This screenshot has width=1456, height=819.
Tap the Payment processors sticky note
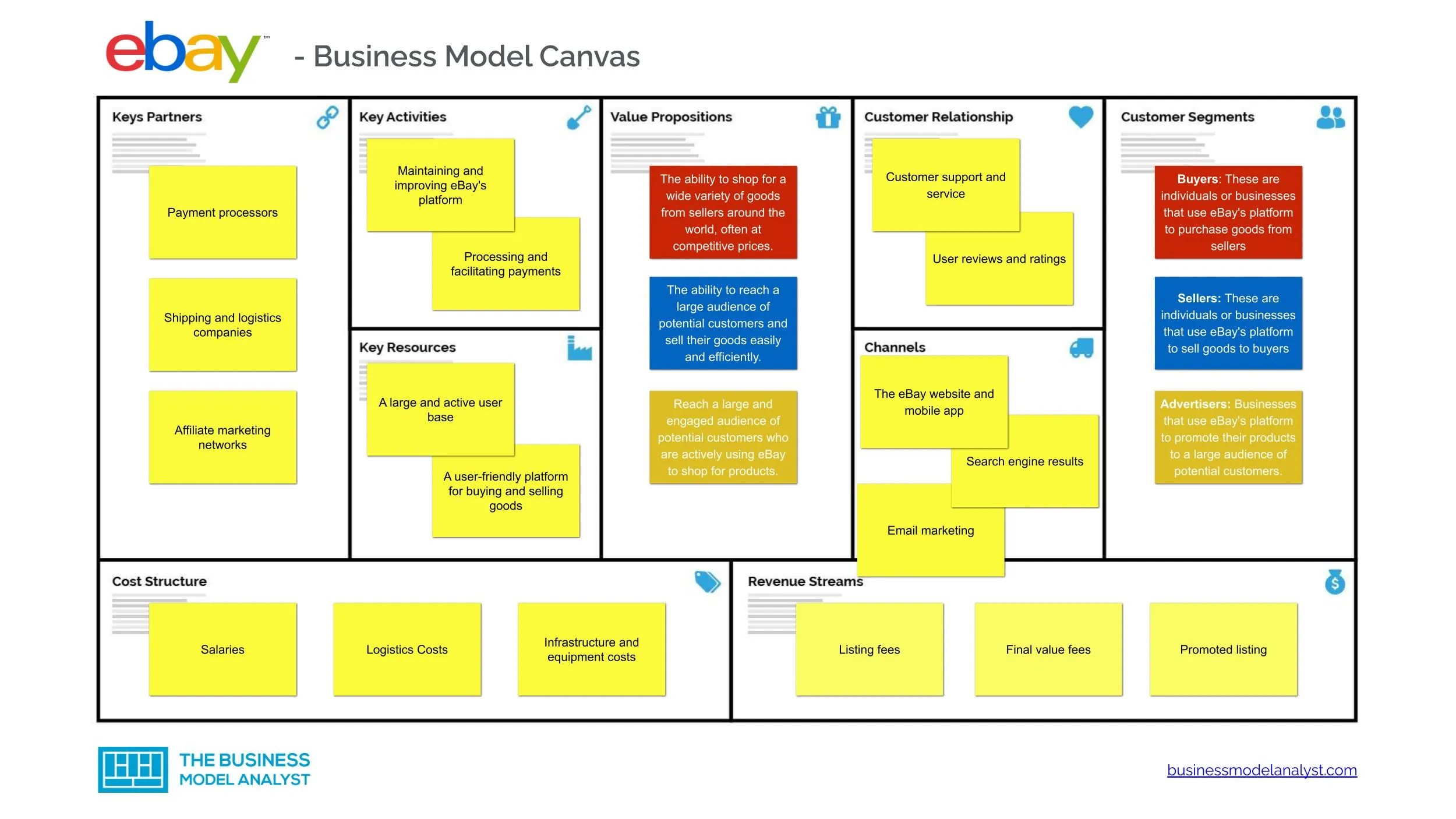coord(222,213)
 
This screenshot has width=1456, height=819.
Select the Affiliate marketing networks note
coord(222,437)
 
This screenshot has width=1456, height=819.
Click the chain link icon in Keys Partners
coord(327,117)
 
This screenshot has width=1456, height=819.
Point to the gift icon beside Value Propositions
coord(828,118)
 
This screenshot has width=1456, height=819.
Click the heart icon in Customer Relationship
coord(1081,117)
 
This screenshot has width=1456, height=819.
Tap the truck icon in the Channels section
coord(1082,348)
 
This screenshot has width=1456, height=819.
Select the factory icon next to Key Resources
coord(579,348)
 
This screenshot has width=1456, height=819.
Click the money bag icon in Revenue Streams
coord(1335,582)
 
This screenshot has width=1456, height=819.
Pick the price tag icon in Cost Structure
coord(707,582)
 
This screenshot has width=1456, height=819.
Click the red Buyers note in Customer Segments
coord(1228,213)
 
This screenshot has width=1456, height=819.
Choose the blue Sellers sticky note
coord(1228,323)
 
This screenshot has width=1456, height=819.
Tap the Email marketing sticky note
coord(930,531)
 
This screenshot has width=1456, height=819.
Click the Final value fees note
coord(1048,649)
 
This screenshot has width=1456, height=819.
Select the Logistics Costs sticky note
coord(407,649)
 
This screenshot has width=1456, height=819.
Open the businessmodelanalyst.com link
coord(1261,770)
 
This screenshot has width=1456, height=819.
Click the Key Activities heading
coord(402,117)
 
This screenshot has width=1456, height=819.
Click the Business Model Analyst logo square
coord(133,769)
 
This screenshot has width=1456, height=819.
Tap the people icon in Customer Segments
coord(1330,118)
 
